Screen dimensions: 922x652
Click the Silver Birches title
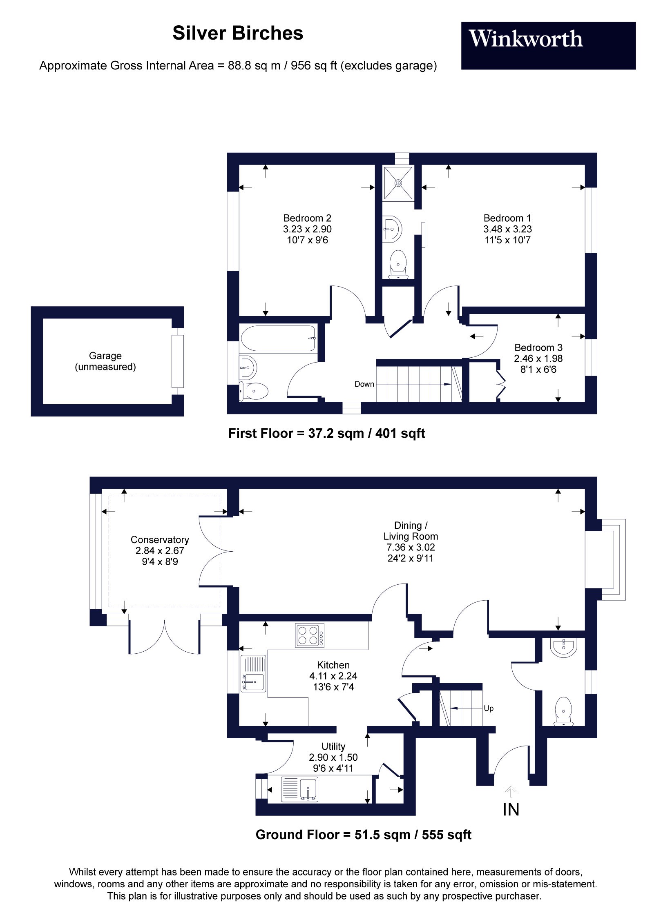(238, 33)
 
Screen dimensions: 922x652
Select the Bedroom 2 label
(307, 218)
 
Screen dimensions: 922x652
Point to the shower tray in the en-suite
(398, 183)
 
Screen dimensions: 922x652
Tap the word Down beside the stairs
(364, 384)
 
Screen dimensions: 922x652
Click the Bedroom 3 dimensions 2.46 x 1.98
(538, 359)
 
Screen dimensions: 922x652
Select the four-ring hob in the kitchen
(310, 635)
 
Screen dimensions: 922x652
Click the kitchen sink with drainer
(253, 673)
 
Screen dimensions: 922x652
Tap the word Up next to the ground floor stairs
(488, 708)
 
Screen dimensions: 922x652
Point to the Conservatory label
(160, 539)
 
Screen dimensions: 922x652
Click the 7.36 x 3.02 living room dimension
(411, 547)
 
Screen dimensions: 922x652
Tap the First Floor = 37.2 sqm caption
(326, 433)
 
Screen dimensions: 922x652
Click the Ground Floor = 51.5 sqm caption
(363, 835)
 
